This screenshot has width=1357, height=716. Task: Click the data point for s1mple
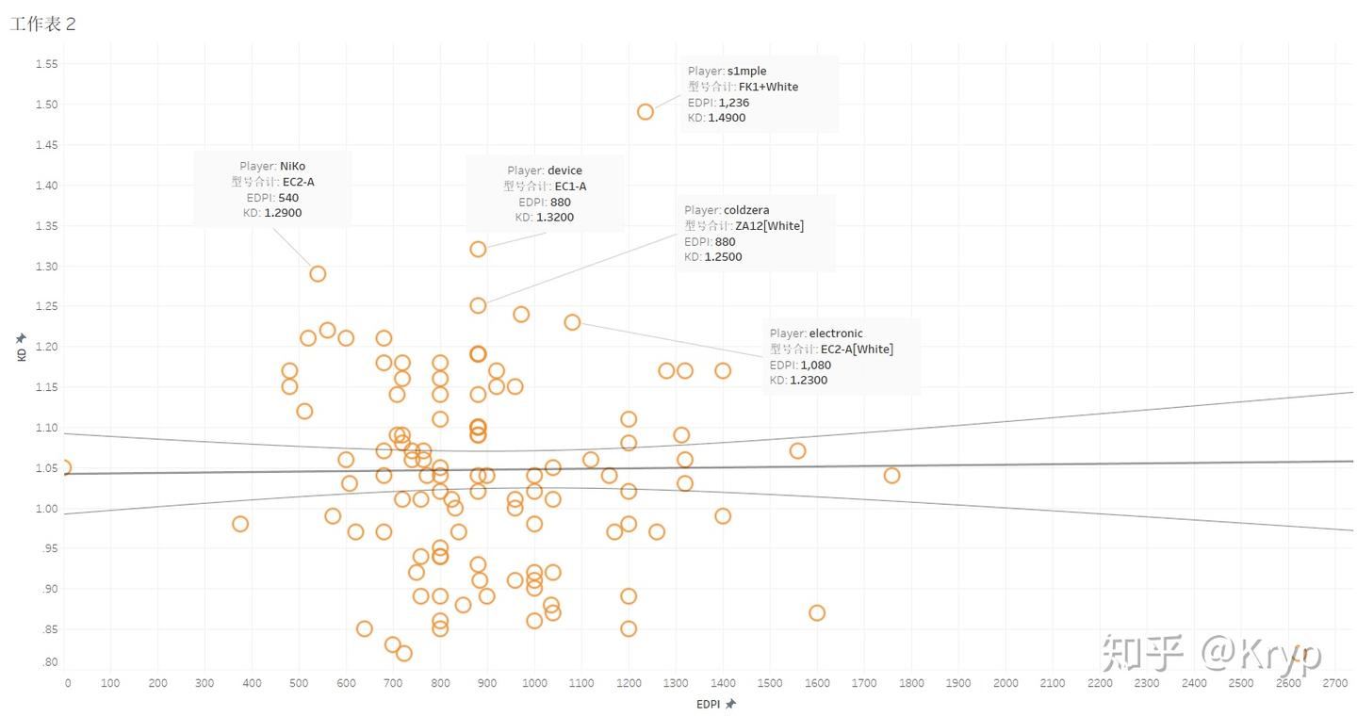click(x=646, y=111)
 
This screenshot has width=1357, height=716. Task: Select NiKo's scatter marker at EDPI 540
click(x=318, y=273)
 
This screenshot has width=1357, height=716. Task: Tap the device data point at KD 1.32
click(x=478, y=249)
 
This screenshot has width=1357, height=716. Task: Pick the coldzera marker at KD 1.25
click(x=478, y=305)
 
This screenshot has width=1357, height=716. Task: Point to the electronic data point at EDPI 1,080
click(x=572, y=322)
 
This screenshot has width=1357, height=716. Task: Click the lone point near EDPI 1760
click(x=891, y=475)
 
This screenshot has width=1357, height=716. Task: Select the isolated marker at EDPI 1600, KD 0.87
click(x=817, y=612)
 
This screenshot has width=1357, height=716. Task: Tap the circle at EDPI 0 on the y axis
click(x=63, y=467)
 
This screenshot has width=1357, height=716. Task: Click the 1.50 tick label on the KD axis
click(x=46, y=105)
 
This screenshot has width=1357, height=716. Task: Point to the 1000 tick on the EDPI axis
click(x=534, y=683)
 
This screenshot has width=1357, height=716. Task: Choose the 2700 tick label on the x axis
click(x=1335, y=683)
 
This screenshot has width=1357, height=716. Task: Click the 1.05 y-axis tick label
click(x=46, y=468)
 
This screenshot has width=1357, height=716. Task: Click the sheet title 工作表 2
click(x=42, y=24)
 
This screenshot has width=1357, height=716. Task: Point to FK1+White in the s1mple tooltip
click(x=768, y=87)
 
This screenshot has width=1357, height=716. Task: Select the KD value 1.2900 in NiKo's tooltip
click(x=283, y=213)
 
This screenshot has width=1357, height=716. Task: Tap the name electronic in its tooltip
click(x=835, y=334)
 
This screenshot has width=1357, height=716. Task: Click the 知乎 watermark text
click(x=1142, y=652)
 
